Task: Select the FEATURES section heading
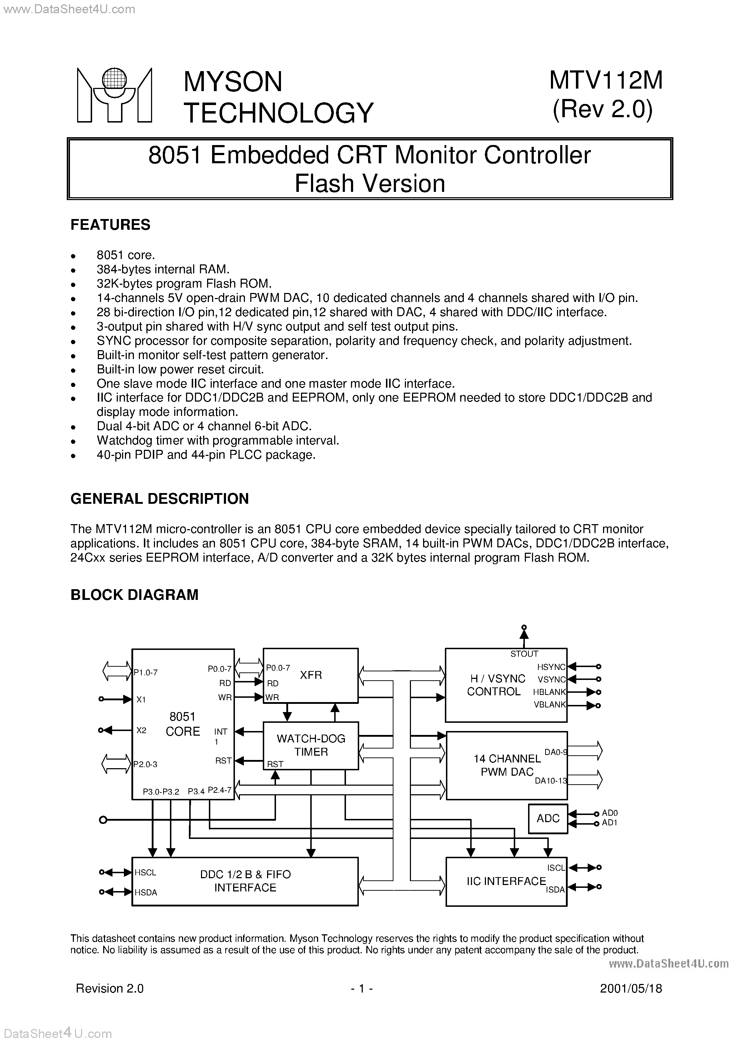tap(110, 225)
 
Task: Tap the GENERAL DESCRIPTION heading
tap(160, 498)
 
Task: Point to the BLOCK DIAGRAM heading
tap(135, 595)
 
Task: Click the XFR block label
tap(311, 675)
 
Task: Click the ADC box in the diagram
tap(548, 819)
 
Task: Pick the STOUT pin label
tap(524, 654)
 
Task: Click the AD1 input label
tap(609, 822)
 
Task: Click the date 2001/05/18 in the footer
tap(631, 989)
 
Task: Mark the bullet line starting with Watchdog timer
tap(218, 440)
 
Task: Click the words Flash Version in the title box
tap(370, 184)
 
